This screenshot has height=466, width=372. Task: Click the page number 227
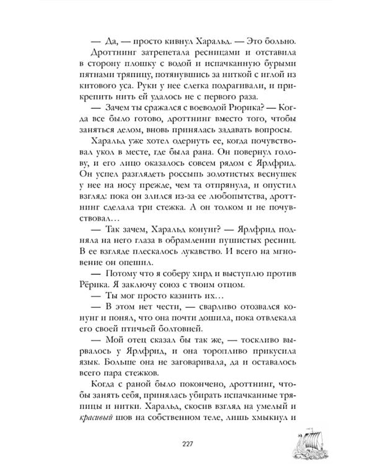(x=185, y=443)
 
